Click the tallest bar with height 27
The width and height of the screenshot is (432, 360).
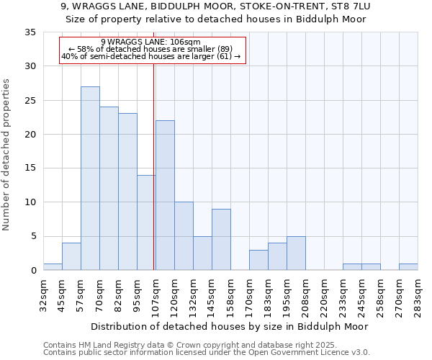pyautogui.click(x=90, y=179)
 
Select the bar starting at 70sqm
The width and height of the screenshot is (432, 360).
pyautogui.click(x=109, y=189)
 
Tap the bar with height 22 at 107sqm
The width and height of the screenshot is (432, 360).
pyautogui.click(x=165, y=195)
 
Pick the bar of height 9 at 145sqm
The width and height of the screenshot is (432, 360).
pyautogui.click(x=221, y=240)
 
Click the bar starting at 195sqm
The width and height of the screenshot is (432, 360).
pyautogui.click(x=296, y=253)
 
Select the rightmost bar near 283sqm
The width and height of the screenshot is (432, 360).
pyautogui.click(x=408, y=267)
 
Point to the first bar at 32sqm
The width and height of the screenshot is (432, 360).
pyautogui.click(x=53, y=267)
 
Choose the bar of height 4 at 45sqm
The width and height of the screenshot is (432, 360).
pyautogui.click(x=71, y=257)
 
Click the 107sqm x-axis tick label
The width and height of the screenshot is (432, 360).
pyautogui.click(x=156, y=295)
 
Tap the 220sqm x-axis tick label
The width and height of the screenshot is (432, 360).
pyautogui.click(x=324, y=295)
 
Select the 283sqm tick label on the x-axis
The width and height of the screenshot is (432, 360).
pyautogui.click(x=418, y=295)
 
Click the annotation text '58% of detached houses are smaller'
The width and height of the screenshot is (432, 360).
pyautogui.click(x=150, y=49)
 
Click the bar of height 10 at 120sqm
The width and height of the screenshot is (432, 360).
pyautogui.click(x=184, y=236)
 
